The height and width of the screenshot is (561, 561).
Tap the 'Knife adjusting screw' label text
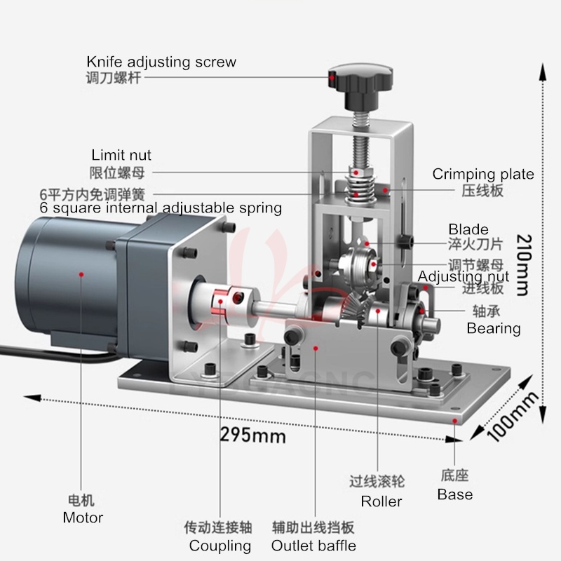click(x=161, y=62)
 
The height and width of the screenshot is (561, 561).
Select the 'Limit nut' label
click(x=121, y=155)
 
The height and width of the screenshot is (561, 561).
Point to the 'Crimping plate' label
click(x=483, y=174)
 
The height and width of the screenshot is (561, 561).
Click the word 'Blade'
click(x=468, y=229)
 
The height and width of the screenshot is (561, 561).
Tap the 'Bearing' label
click(x=494, y=327)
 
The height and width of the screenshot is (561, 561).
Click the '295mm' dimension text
click(x=254, y=435)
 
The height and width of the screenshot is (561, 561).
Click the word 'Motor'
click(x=83, y=518)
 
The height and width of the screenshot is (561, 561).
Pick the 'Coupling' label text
click(x=219, y=546)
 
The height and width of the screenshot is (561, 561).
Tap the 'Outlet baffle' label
click(x=313, y=546)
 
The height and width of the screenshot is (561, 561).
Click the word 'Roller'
click(x=381, y=501)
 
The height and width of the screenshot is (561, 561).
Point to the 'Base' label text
click(x=455, y=494)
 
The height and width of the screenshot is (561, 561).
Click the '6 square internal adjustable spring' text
click(x=161, y=208)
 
